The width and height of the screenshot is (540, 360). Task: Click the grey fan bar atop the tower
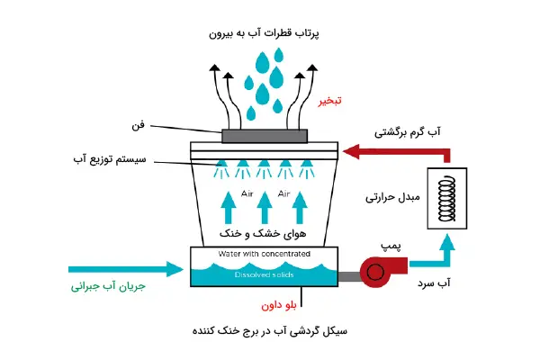(265, 136)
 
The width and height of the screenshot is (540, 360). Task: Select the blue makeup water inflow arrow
(126, 267)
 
